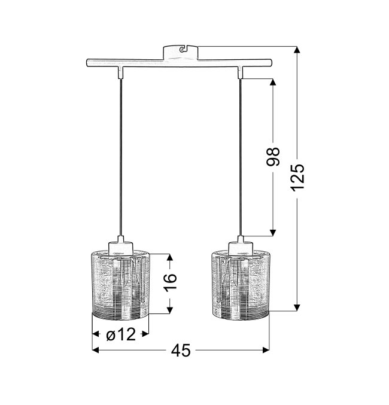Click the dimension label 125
(x=297, y=178)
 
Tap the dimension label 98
(x=273, y=157)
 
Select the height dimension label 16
(x=171, y=282)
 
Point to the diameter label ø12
(x=121, y=334)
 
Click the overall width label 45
(x=181, y=351)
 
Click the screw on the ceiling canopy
(x=183, y=49)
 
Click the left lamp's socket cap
(x=120, y=246)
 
